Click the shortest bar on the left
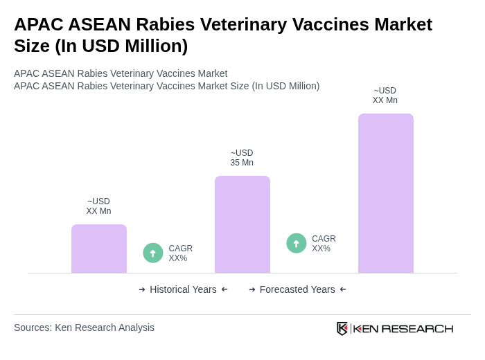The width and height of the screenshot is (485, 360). pos(98,249)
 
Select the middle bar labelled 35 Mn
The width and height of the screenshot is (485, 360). pos(242,224)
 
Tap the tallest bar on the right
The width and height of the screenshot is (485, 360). pos(385,193)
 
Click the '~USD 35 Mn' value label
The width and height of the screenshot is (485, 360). pos(242,158)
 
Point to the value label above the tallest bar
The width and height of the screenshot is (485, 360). pos(385,96)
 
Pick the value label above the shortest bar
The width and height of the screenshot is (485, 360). pos(98,206)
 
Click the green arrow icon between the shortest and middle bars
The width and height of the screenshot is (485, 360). pos(153,253)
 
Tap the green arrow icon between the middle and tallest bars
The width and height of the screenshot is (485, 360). pos(297,244)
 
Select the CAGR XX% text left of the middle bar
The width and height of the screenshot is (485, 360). pos(180,253)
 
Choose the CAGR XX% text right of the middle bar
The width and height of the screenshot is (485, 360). pos(324,244)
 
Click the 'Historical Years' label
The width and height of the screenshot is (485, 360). pos(183,289)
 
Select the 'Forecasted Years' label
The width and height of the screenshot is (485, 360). pos(297,289)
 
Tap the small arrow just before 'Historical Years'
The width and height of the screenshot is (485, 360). pos(142,289)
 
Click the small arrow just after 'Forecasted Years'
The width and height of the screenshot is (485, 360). pos(343,289)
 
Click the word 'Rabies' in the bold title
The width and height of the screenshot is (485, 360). pos(167,24)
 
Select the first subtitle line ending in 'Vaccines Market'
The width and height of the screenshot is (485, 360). pos(121,73)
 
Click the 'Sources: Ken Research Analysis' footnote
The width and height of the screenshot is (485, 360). pos(84,327)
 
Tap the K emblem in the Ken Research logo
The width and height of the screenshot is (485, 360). pos(342,328)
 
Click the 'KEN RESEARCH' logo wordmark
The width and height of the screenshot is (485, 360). pos(403,328)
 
